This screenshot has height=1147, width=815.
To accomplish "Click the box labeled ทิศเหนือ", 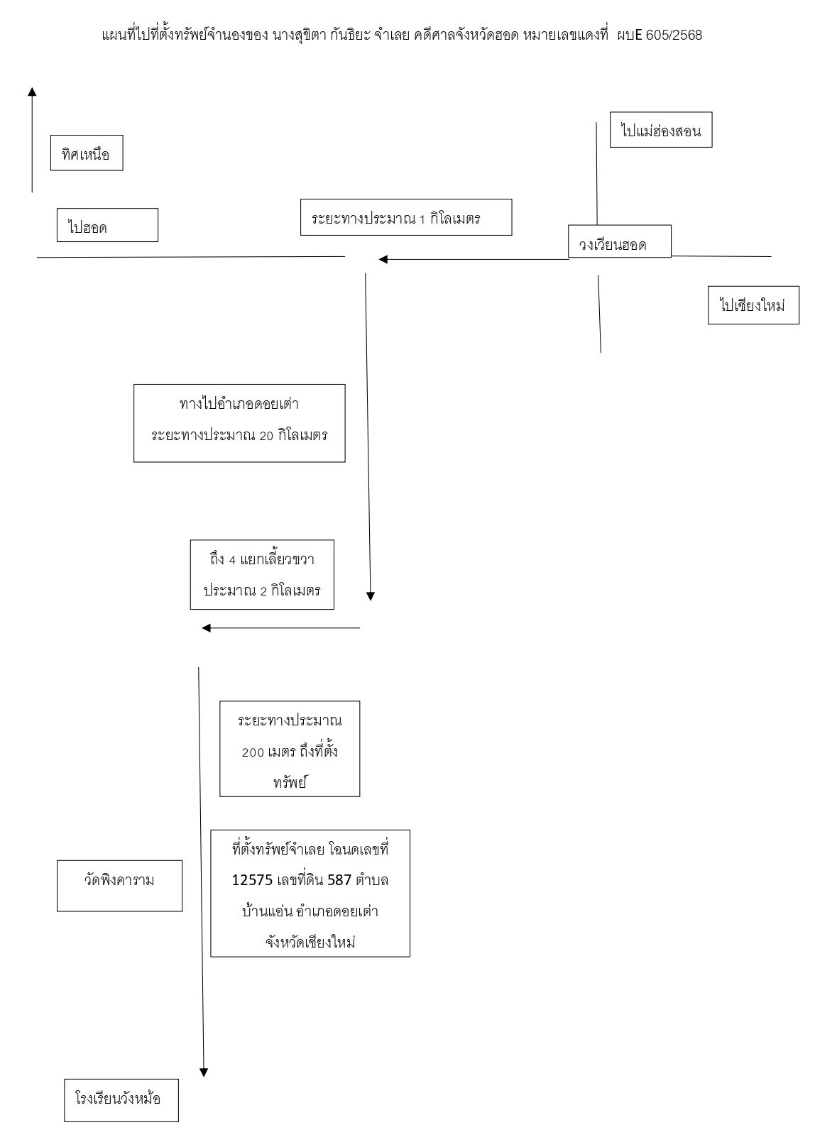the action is click(x=87, y=153).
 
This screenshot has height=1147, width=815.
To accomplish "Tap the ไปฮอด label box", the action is click(x=107, y=225).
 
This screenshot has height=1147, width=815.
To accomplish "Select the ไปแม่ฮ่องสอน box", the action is click(x=661, y=130).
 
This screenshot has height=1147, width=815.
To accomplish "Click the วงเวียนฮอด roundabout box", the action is click(x=619, y=241).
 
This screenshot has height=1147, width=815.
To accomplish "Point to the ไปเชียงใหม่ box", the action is click(x=753, y=305).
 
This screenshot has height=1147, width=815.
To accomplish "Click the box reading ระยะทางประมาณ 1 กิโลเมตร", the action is click(x=406, y=217).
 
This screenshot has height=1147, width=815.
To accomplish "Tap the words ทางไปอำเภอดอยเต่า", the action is click(x=239, y=404).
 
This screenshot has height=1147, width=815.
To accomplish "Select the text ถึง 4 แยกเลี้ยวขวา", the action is click(x=262, y=560).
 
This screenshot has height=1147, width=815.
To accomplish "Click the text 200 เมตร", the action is click(x=268, y=752).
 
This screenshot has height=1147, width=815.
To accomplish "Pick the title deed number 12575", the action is click(x=252, y=880).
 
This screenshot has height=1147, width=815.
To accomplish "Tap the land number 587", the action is click(x=339, y=880).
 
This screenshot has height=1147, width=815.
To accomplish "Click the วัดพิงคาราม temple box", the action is click(x=119, y=886).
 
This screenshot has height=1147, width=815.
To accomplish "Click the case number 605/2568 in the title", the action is click(x=674, y=35).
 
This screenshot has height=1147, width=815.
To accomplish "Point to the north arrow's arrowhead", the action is click(x=32, y=92).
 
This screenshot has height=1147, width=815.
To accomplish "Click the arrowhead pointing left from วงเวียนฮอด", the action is click(x=383, y=260).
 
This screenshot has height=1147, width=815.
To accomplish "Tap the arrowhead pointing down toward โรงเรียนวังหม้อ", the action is click(x=204, y=1072).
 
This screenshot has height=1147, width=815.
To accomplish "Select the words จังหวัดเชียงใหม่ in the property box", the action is click(x=310, y=943).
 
